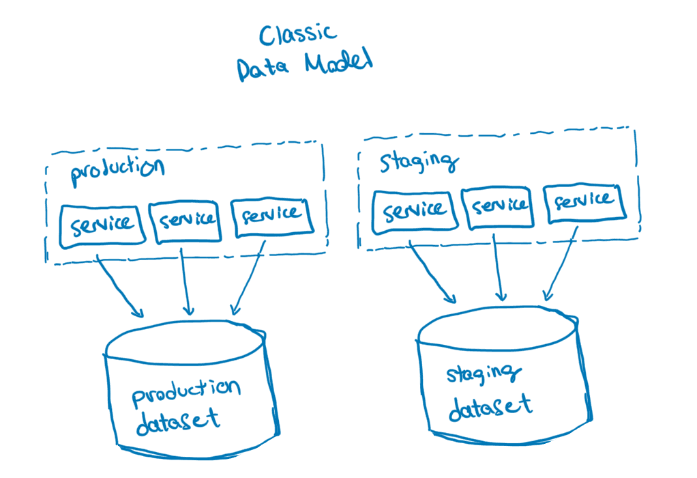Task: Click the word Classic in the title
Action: tap(298, 36)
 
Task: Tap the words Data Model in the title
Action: tap(305, 67)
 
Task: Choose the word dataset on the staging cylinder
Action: tap(490, 407)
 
